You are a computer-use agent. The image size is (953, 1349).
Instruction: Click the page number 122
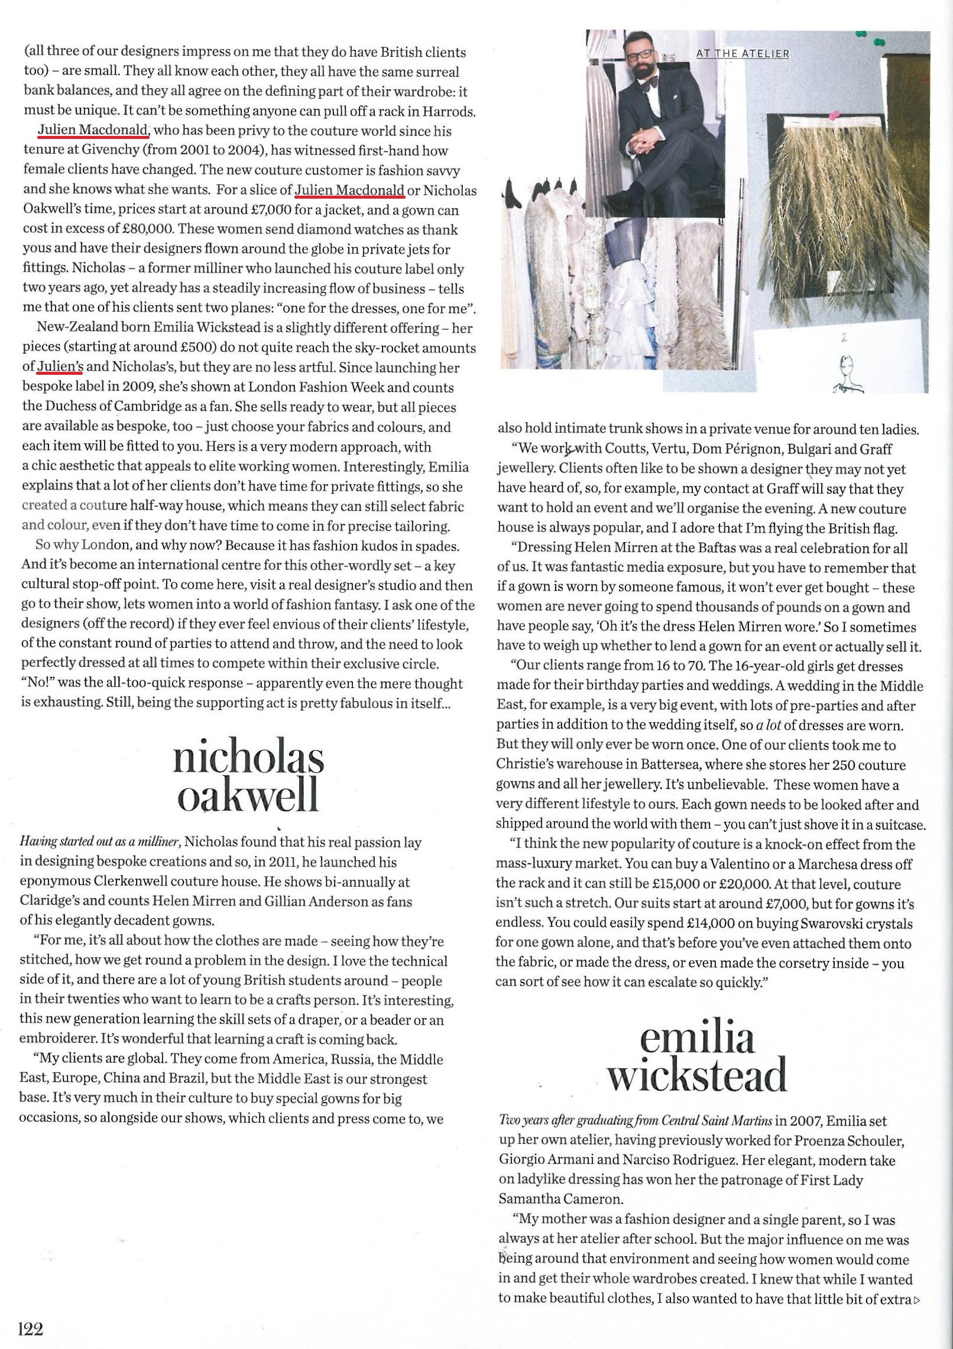(31, 1329)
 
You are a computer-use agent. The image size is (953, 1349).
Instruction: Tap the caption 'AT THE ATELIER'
(743, 53)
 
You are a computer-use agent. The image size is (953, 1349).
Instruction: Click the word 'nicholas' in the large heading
(248, 760)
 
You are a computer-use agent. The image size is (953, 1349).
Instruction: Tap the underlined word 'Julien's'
(60, 367)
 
